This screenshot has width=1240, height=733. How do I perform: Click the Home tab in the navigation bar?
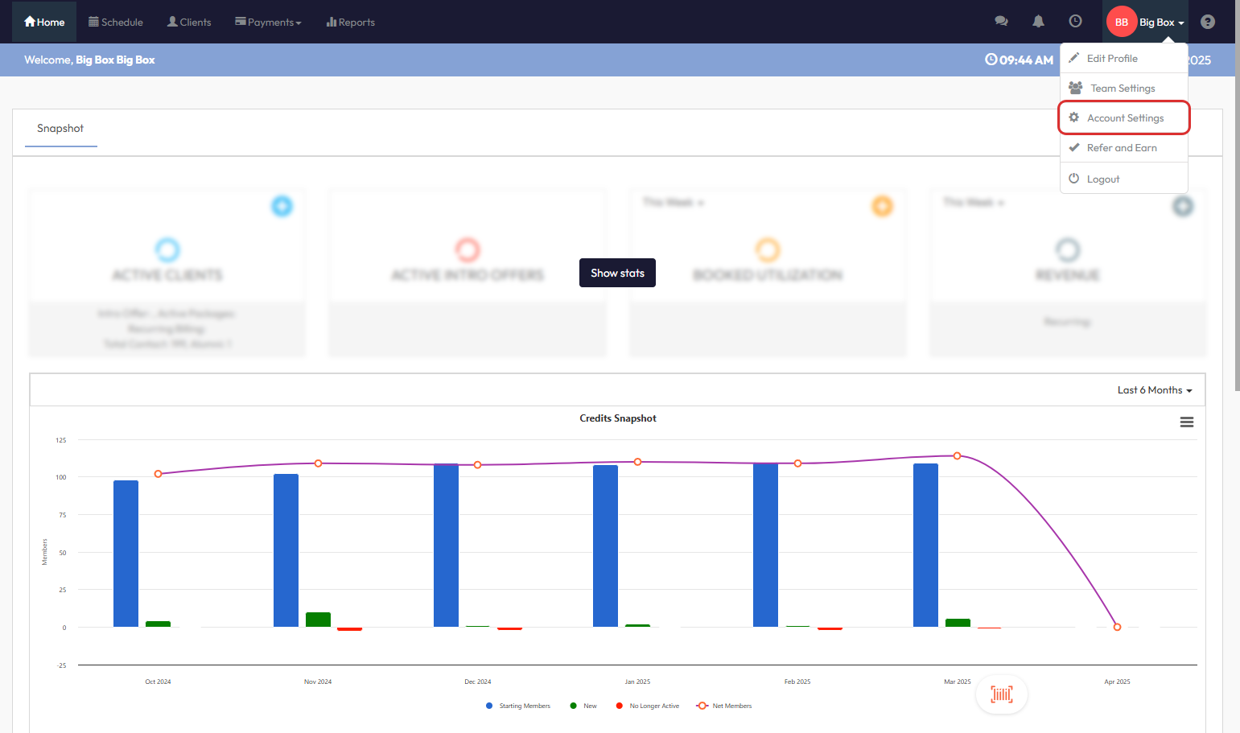44,22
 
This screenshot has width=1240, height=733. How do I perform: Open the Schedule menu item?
116,22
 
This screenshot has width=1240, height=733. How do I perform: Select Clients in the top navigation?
189,22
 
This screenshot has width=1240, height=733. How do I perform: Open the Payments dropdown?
268,22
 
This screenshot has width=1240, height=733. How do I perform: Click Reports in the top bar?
351,22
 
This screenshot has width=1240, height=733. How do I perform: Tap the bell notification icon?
1038,22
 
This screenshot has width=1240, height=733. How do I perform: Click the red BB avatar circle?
1121,22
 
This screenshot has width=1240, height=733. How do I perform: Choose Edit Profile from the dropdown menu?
1111,59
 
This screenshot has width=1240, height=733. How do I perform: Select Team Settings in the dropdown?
1122,89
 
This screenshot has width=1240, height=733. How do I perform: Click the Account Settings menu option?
1124,118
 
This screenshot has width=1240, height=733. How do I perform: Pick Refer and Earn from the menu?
1121,148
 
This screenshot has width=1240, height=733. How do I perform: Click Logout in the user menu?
1102,179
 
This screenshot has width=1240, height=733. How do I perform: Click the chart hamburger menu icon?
1186,422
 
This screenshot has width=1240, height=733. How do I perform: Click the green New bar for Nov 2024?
318,620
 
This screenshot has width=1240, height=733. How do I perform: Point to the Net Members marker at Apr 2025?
1117,627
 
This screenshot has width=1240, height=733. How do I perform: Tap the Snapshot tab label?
60,129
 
